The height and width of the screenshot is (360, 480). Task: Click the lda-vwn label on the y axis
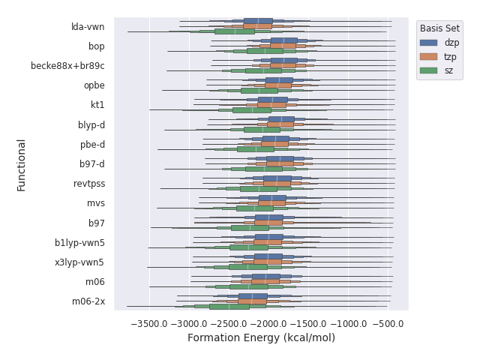click(x=88, y=27)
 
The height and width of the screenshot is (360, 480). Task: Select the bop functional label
click(x=96, y=46)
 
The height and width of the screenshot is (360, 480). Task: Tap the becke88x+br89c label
click(x=67, y=66)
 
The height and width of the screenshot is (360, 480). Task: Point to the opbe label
click(x=94, y=85)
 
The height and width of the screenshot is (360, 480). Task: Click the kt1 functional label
click(x=97, y=105)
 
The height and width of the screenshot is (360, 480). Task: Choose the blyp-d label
click(x=91, y=124)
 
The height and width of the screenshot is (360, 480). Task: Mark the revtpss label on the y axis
click(x=89, y=184)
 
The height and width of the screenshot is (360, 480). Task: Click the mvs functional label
click(x=96, y=203)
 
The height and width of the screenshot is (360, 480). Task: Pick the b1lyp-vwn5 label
click(x=79, y=243)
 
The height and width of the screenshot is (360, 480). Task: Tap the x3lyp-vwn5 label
click(x=79, y=262)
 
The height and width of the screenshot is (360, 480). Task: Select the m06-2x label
click(x=88, y=301)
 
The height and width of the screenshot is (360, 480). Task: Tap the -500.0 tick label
click(x=390, y=324)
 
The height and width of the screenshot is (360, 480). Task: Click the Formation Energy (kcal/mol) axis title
click(x=261, y=338)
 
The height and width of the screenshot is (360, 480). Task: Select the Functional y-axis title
click(x=22, y=164)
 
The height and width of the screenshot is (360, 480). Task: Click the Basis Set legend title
click(x=439, y=28)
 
